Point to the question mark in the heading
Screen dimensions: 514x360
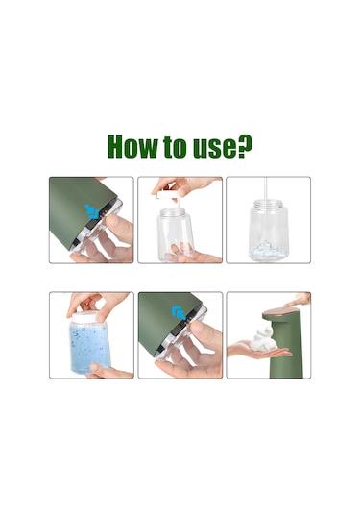tap(246, 147)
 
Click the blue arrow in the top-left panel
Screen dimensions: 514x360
tap(93, 209)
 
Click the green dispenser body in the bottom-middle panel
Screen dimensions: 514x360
tap(154, 322)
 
